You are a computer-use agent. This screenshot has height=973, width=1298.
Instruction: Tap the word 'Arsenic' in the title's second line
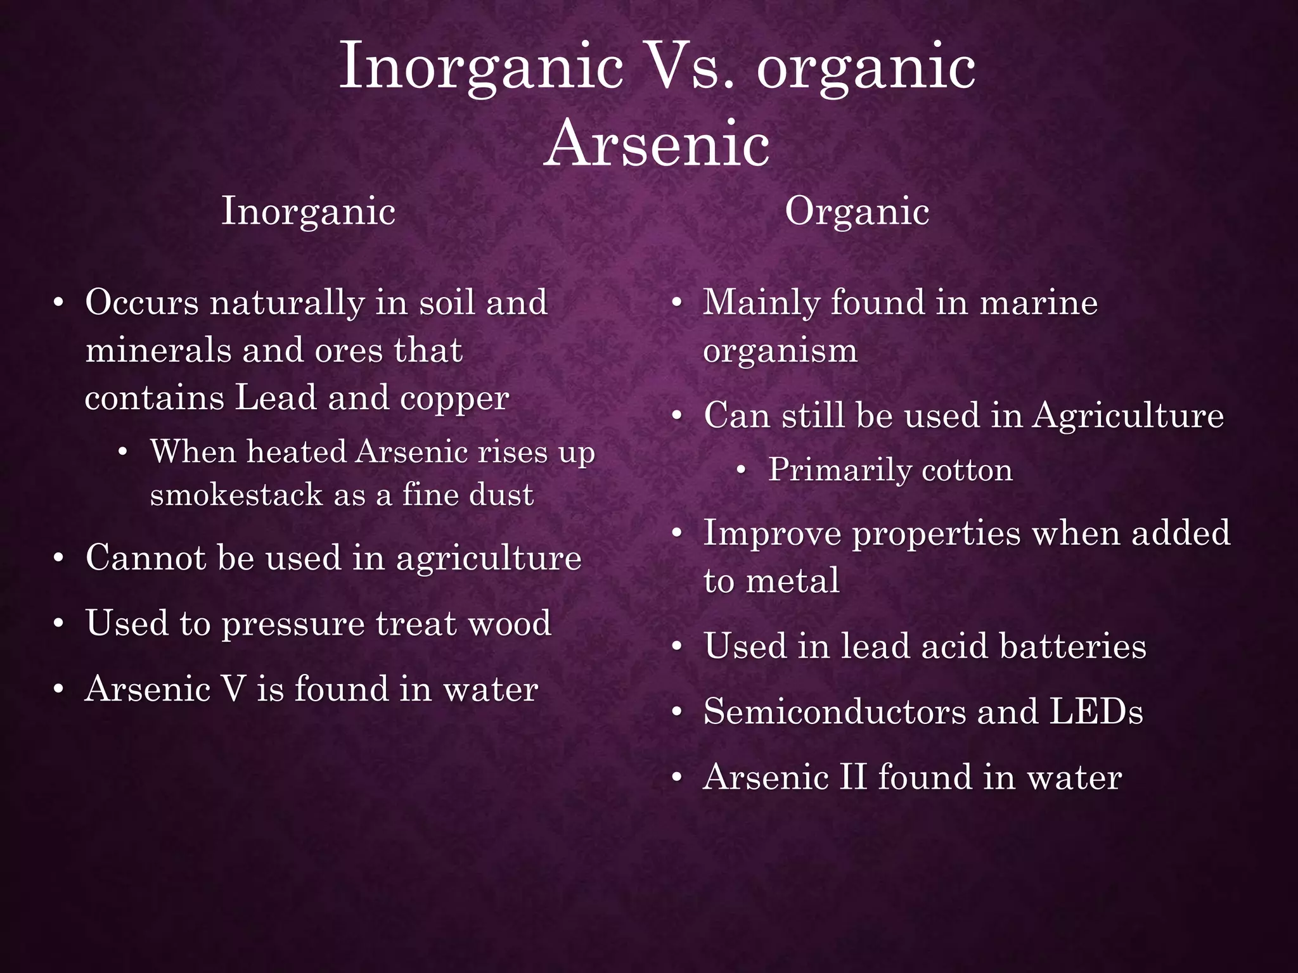pos(657,144)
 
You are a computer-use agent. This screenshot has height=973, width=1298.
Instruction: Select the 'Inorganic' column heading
pos(309,211)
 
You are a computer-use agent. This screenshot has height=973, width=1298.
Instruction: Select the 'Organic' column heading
pos(857,211)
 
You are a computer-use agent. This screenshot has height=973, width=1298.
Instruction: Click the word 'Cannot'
pos(146,558)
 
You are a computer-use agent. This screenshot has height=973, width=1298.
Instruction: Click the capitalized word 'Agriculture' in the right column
pos(1128,416)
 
